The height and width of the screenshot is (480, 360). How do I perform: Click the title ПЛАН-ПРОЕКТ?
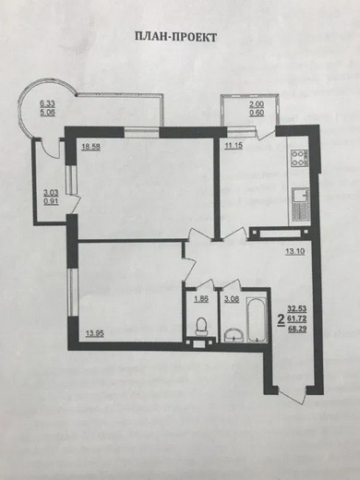tap(176, 37)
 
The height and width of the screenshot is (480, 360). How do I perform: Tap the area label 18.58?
tap(90, 147)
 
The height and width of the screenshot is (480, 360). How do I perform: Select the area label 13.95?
tap(94, 333)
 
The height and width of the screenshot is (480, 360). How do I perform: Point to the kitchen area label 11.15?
tap(234, 146)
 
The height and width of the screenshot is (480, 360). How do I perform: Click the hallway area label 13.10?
tap(295, 251)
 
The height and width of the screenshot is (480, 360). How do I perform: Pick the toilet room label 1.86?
tap(201, 299)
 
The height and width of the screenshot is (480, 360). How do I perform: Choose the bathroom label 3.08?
tap(232, 299)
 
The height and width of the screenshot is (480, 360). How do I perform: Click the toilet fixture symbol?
tap(202, 327)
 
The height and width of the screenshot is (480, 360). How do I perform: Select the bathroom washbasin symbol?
tap(234, 335)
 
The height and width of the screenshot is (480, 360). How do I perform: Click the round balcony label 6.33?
tap(47, 104)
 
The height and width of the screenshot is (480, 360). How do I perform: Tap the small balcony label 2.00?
tap(257, 105)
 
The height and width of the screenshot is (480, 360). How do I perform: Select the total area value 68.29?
tap(297, 330)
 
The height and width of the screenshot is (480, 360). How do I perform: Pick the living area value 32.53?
tap(297, 308)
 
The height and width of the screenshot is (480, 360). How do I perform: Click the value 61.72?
tap(297, 318)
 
